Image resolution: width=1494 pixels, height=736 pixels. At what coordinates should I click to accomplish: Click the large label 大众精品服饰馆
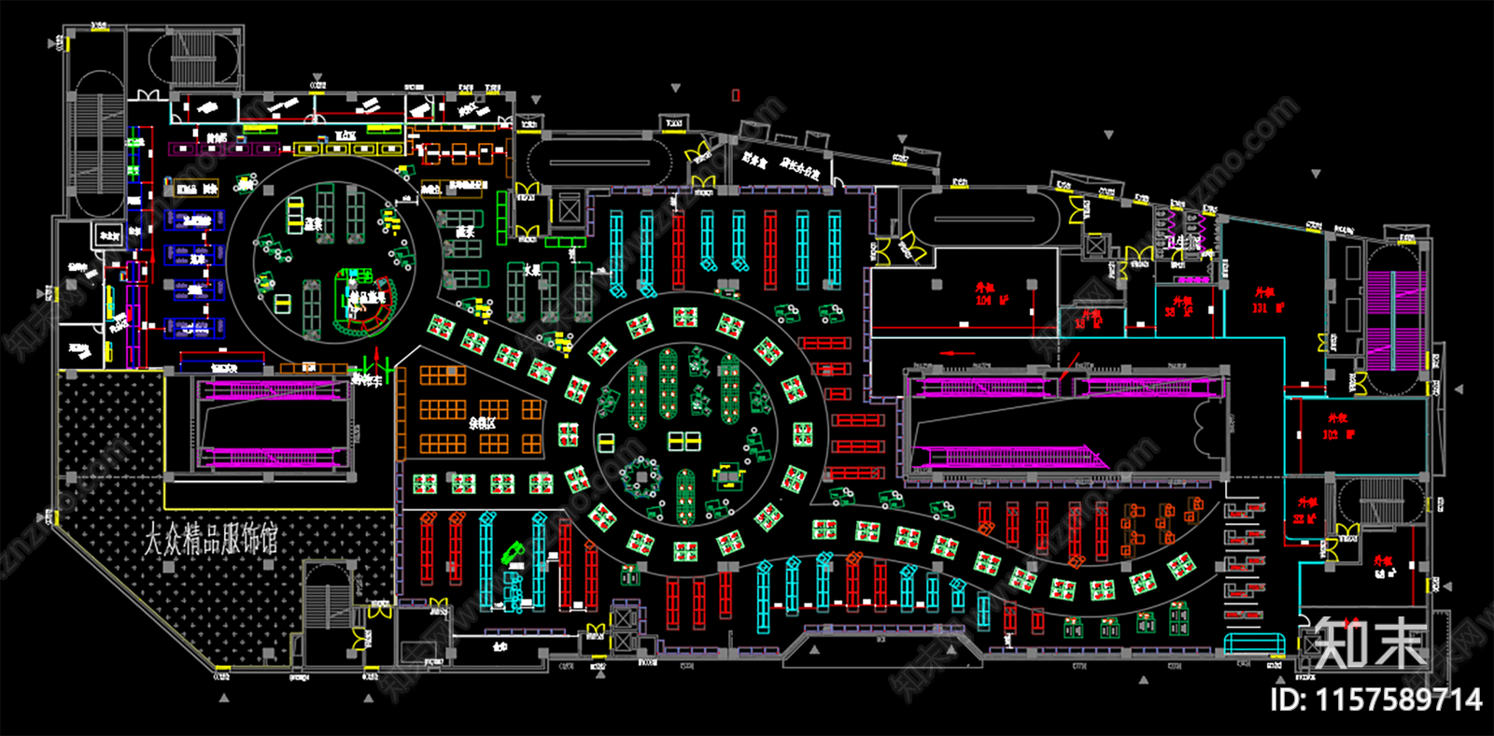[x=210, y=539]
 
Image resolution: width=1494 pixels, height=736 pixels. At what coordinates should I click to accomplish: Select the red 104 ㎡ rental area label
[x=991, y=294]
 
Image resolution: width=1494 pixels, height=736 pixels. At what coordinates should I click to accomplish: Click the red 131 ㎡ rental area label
[x=1267, y=301]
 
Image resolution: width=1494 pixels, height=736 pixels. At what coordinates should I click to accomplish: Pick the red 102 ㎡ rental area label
[x=1337, y=427]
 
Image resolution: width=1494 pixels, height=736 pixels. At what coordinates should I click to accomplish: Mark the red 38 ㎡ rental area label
[x=1180, y=307]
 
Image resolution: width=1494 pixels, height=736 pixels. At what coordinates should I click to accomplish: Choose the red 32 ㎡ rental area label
[x=1304, y=511]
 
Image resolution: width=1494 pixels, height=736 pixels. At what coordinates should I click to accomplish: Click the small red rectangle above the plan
[x=736, y=94]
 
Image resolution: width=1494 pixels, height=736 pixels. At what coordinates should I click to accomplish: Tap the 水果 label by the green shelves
[x=531, y=270]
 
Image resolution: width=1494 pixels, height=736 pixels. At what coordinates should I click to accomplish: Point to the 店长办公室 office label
[x=800, y=168]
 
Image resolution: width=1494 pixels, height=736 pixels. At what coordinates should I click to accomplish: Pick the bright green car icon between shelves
[x=513, y=554]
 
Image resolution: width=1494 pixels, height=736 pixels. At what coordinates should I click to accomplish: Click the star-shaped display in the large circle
[x=641, y=478]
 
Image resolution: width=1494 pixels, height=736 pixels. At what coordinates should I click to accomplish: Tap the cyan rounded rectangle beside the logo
[x=1254, y=644]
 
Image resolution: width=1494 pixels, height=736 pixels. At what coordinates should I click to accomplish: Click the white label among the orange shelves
[x=482, y=422]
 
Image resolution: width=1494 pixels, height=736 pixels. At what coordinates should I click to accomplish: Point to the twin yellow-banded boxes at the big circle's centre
[x=684, y=441]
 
